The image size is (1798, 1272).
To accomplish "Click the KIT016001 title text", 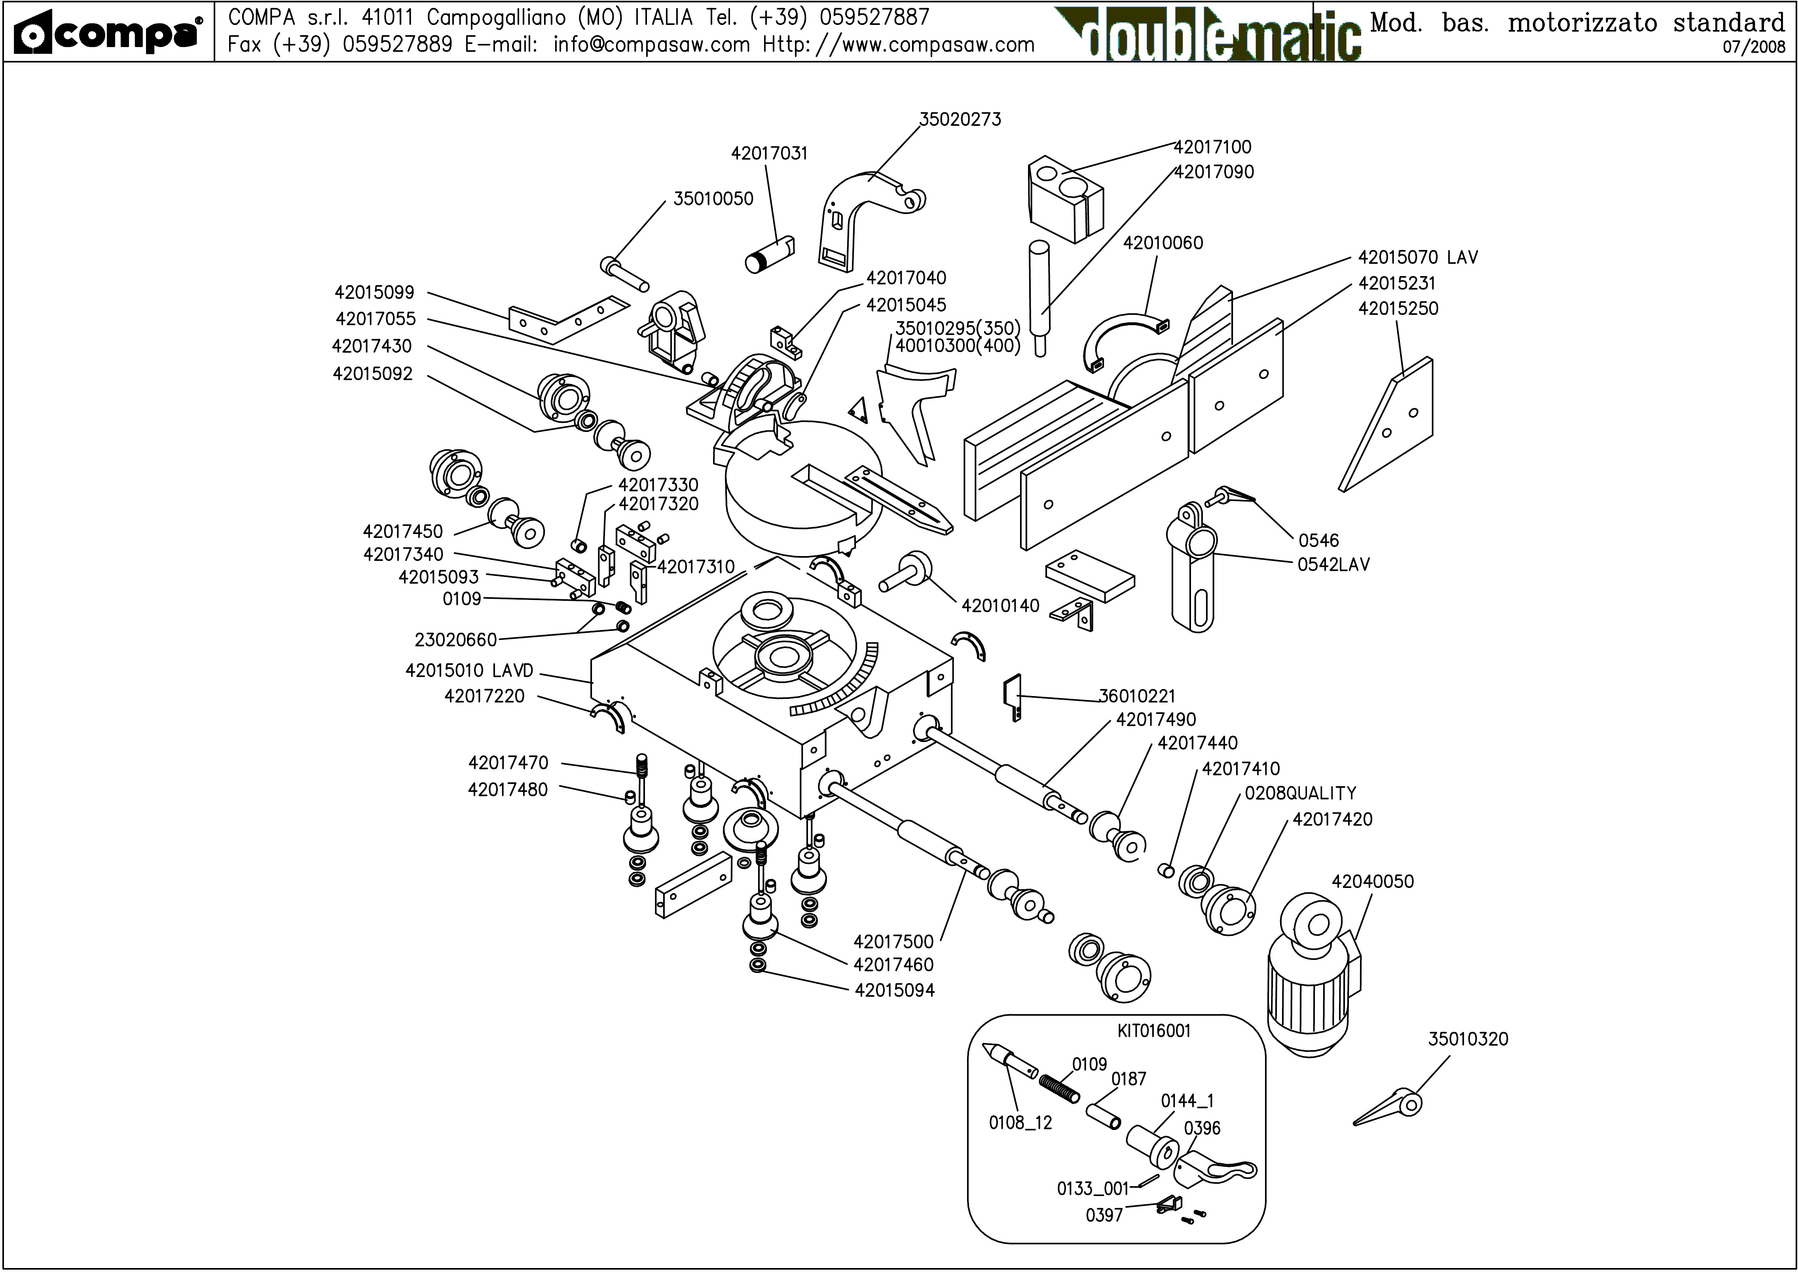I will (x=1154, y=1031).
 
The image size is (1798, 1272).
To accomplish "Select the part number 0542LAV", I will (x=1333, y=565).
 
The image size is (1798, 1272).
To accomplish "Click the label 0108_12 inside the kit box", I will (x=1020, y=1123).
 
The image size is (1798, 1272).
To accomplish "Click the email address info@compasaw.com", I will (x=651, y=45).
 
